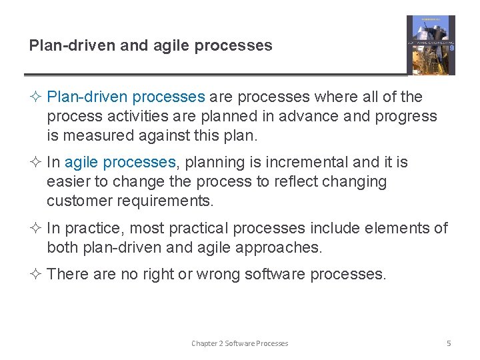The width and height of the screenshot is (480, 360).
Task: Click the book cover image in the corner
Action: [431, 45]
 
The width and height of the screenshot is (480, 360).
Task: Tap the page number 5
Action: [449, 343]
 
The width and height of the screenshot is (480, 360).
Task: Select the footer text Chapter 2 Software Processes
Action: [239, 343]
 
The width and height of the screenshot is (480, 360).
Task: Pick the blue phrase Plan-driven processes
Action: [126, 97]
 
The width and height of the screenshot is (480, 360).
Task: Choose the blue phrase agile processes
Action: [120, 162]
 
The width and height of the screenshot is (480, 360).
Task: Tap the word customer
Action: [75, 201]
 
